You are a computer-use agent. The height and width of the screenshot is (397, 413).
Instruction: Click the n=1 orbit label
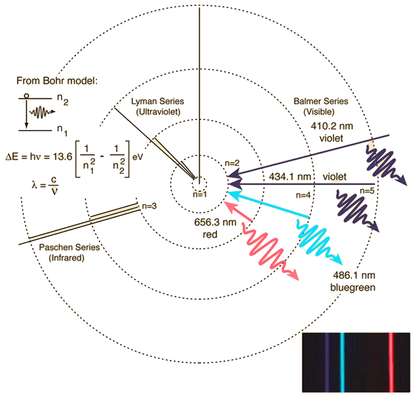pos(200,194)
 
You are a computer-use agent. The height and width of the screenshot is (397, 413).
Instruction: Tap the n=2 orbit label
pos(232,163)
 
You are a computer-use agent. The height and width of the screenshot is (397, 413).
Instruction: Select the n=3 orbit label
pos(149,206)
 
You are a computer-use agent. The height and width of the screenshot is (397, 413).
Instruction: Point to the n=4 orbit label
pos(303,195)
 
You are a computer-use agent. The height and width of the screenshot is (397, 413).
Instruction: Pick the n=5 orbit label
pos(367,190)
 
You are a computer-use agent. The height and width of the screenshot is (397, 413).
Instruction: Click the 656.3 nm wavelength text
pos(215,222)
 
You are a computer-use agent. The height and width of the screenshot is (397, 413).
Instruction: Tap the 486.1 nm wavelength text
pos(354,275)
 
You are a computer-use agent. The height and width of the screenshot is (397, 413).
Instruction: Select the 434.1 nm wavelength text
pos(290,177)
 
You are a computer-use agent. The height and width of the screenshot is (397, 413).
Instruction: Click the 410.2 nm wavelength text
pos(332,126)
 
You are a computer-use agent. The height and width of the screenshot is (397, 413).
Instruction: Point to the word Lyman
pos(144,102)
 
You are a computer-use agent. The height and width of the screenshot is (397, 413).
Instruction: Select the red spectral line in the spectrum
pos(391,362)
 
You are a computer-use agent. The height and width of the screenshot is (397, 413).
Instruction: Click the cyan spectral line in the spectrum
pos(342,362)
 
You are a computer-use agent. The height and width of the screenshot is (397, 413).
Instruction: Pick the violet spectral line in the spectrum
pos(327,362)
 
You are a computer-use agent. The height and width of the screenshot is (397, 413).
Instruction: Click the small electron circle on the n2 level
pos(26,96)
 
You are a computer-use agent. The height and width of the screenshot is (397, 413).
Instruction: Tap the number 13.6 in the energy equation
pos(62,157)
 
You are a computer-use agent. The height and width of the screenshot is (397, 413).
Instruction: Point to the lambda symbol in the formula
pos(35,185)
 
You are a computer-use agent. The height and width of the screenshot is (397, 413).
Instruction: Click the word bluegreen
pos(353,287)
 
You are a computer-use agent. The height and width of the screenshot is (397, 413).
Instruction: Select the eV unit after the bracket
pos(138,157)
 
